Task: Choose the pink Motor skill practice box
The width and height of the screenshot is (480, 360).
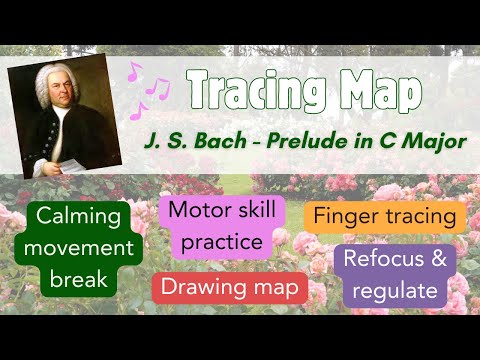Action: pyautogui.click(x=216, y=226)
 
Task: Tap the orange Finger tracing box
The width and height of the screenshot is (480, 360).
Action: pyautogui.click(x=383, y=216)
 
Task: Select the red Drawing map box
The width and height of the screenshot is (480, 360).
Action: pyautogui.click(x=230, y=289)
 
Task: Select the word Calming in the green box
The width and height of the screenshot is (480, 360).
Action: pyautogui.click(x=81, y=217)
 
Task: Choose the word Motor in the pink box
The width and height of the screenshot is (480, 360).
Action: pyautogui.click(x=192, y=211)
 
